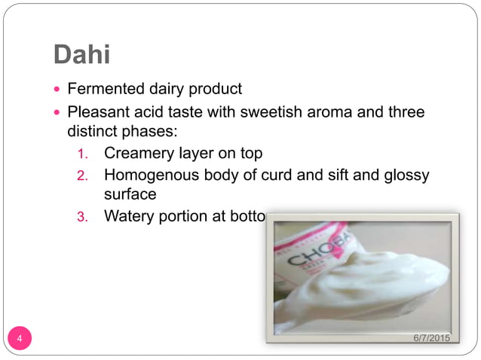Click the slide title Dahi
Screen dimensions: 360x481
84,54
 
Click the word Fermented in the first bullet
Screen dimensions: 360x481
101,89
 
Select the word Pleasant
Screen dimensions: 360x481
98,112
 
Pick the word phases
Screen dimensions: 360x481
150,132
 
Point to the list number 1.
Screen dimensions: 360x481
84,154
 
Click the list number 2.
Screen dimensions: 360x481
84,175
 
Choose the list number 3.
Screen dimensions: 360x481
84,217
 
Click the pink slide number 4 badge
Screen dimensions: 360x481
20,338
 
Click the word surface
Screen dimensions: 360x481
130,194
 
